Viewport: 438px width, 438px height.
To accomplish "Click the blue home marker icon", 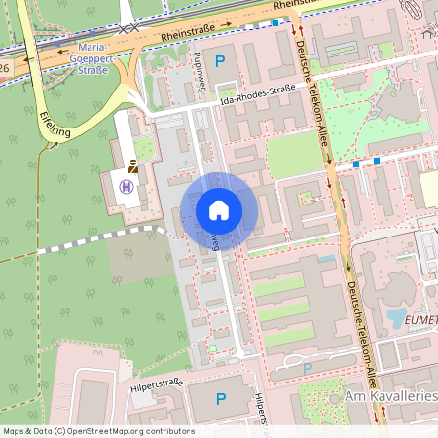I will click(219, 209).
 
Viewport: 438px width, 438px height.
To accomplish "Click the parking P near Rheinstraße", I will click(219, 60).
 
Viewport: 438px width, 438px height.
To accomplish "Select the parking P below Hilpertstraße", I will click(220, 398).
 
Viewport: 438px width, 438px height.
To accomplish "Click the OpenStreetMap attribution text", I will click(98, 430).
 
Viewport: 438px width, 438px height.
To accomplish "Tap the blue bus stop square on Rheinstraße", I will click(275, 22).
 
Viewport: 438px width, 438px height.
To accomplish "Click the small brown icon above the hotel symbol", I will click(132, 167).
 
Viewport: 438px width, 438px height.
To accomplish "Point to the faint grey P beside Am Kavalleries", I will click(308, 368).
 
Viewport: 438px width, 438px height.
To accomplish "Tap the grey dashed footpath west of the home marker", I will click(97, 237).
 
